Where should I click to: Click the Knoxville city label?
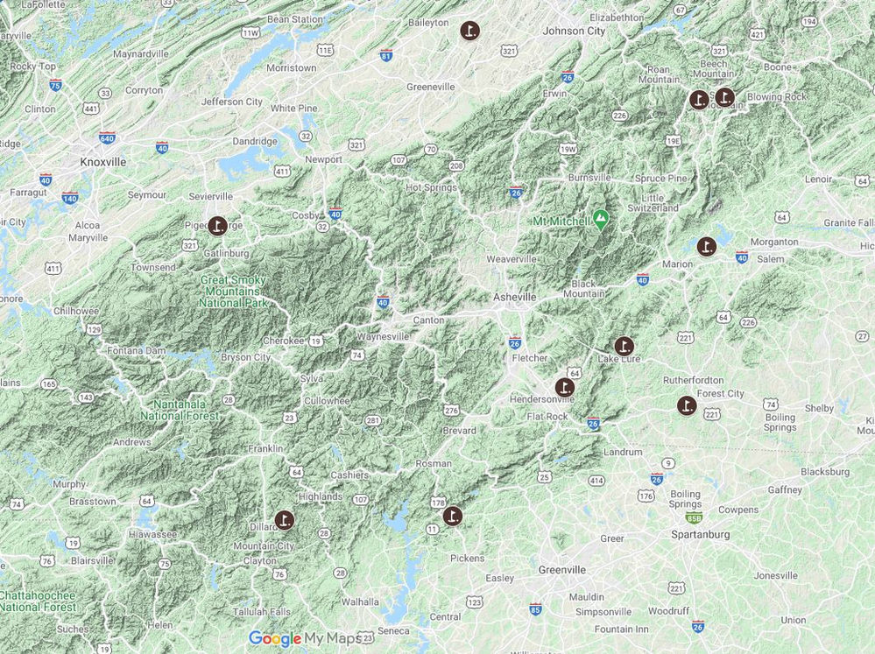[102, 162]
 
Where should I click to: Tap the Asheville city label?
[514, 297]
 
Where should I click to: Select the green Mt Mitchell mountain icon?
[600, 218]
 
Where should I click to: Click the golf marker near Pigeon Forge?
[217, 226]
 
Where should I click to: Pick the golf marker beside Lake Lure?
[624, 346]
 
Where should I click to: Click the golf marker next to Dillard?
[284, 520]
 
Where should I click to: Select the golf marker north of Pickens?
[452, 516]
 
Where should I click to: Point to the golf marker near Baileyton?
[470, 31]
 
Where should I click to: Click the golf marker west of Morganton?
[706, 246]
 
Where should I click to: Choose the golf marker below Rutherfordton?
[687, 405]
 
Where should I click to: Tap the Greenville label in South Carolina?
[561, 570]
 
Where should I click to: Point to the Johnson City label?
[574, 31]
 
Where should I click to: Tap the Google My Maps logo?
[304, 639]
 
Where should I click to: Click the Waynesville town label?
[382, 336]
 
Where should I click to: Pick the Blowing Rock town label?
[777, 97]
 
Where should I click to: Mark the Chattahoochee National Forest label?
[39, 601]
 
